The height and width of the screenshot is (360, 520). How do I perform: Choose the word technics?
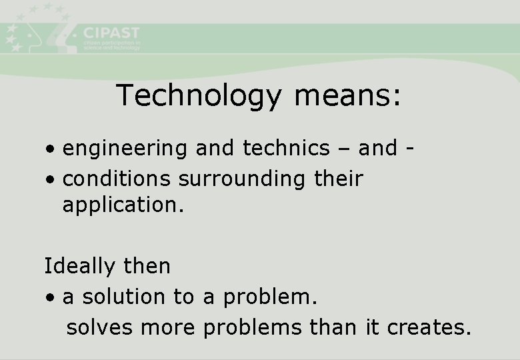[286, 148]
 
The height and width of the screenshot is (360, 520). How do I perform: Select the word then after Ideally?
[147, 266]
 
